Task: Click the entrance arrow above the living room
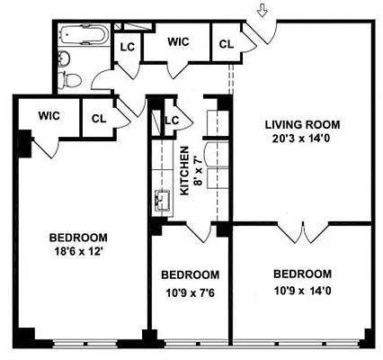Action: (262, 11)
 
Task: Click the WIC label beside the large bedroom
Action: (49, 115)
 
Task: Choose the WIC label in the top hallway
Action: (180, 40)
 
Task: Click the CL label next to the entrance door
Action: (226, 41)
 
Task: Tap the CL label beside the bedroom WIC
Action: (98, 116)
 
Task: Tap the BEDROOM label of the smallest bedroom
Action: (190, 274)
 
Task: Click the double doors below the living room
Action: (302, 234)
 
